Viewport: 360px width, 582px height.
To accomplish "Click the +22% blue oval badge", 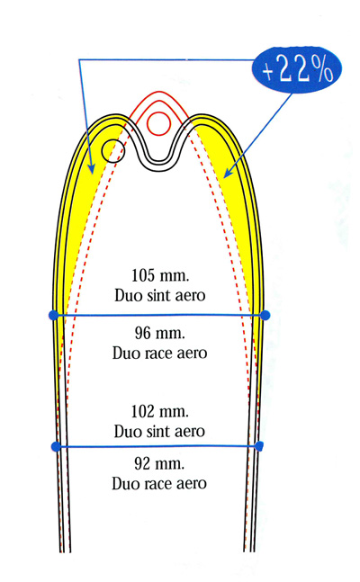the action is click(296, 69).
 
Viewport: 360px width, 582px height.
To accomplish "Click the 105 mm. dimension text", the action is click(160, 276).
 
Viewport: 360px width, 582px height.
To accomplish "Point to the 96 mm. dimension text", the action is click(160, 334).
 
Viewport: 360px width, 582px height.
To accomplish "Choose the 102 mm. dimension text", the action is click(160, 412).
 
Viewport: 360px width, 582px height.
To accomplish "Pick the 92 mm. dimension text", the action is click(159, 464).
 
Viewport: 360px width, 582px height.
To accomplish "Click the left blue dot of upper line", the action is click(54, 315).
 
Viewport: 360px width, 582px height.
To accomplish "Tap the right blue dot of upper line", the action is click(265, 316).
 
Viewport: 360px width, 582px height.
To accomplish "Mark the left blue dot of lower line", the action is click(56, 446).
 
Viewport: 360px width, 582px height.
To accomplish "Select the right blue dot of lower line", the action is click(259, 446).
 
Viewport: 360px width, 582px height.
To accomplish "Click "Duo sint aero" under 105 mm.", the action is click(160, 296).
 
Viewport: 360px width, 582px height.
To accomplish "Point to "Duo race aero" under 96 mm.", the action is click(160, 353).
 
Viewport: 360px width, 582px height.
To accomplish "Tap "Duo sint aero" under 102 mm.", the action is click(159, 432).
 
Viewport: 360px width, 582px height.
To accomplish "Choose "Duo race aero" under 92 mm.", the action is click(159, 484).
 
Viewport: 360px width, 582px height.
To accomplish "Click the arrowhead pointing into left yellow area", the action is click(90, 168).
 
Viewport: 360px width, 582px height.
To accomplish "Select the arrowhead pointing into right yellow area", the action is click(228, 173).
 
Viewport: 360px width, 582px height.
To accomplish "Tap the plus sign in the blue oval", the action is click(268, 71).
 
